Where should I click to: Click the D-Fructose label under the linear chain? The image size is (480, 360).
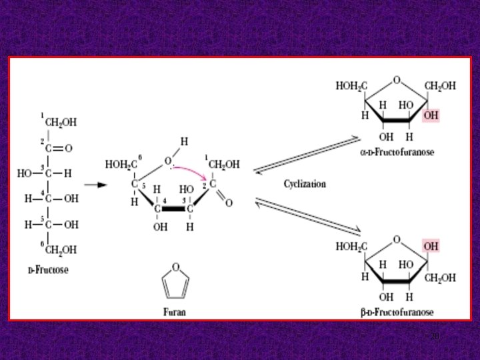pyautogui.click(x=47, y=271)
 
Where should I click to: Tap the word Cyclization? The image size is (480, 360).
pyautogui.click(x=305, y=183)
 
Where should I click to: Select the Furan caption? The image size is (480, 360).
pyautogui.click(x=175, y=311)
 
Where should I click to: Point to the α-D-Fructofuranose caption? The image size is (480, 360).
pyautogui.click(x=396, y=152)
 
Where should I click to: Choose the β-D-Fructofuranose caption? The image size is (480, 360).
pyautogui.click(x=396, y=312)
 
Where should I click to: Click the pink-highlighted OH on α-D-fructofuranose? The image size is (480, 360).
pyautogui.click(x=431, y=115)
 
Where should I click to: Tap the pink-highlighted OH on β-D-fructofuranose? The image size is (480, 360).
pyautogui.click(x=431, y=246)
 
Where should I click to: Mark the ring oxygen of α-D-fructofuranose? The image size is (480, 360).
pyautogui.click(x=397, y=81)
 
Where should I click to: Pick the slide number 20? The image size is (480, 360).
pyautogui.click(x=434, y=337)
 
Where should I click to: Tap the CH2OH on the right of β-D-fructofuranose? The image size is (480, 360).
pyautogui.click(x=439, y=277)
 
